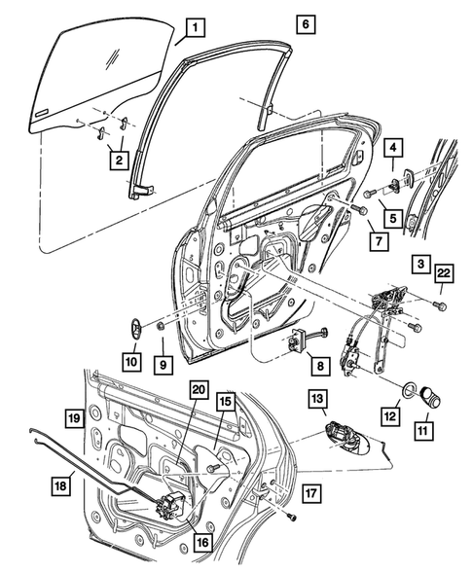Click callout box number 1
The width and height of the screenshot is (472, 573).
(x=195, y=28)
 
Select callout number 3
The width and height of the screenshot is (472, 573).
(x=419, y=264)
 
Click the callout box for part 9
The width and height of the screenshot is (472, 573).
(x=163, y=366)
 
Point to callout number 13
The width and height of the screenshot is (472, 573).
(x=317, y=398)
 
